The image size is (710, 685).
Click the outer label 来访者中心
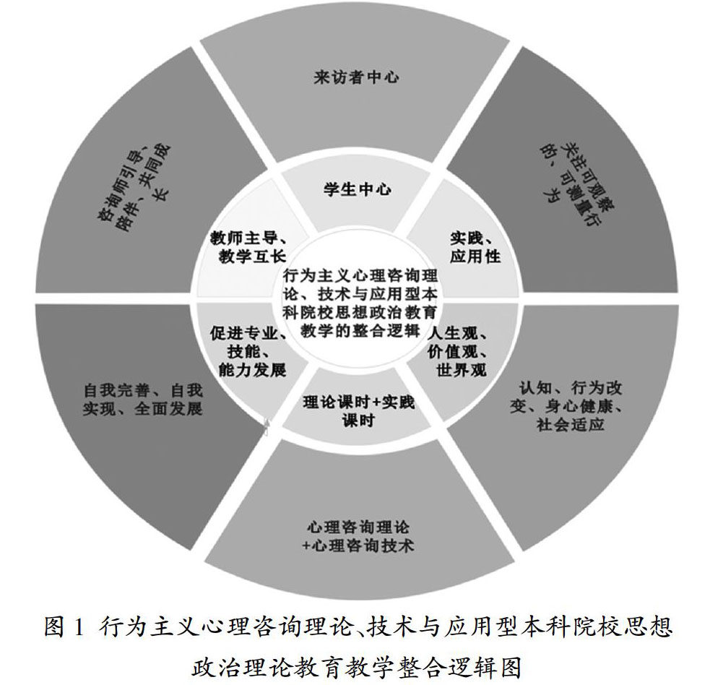click(356, 77)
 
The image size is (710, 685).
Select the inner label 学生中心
click(356, 190)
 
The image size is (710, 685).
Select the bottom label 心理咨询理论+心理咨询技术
click(359, 535)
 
